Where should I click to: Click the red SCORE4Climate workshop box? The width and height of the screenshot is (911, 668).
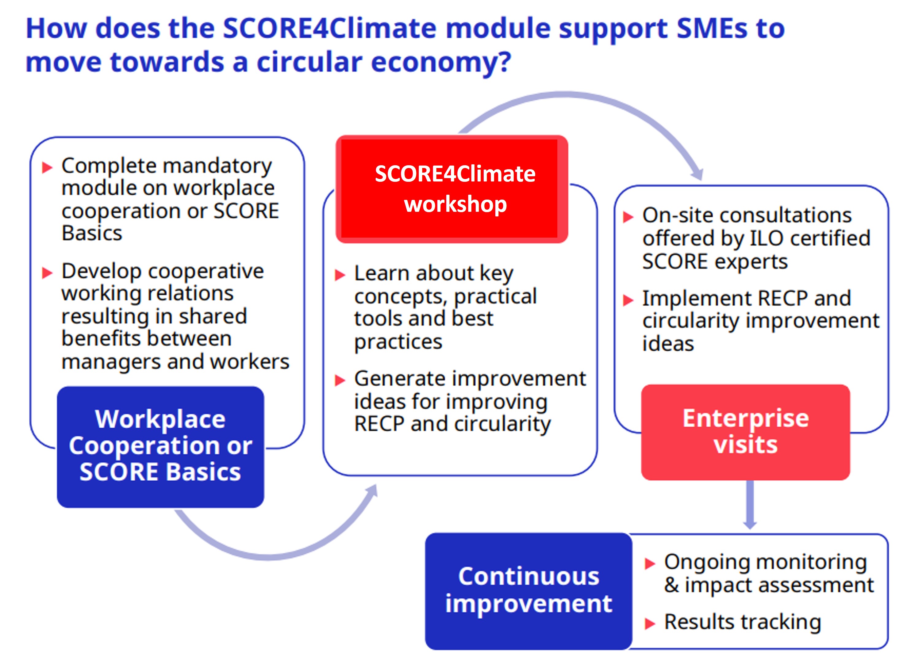pos(452,189)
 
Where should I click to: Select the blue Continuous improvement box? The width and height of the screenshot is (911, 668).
pos(528,591)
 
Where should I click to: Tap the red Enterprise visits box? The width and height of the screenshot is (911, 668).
pos(746,432)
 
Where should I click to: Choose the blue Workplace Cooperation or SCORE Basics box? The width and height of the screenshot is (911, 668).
pos(161,447)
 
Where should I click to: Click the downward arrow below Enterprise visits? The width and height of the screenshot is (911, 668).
pos(750,505)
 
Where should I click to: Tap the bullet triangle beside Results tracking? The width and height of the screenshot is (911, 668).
pos(650,623)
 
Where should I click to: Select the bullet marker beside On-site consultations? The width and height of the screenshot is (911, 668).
pos(628,217)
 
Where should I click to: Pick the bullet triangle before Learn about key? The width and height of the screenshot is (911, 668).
pos(340,275)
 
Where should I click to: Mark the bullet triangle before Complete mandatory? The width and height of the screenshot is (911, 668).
pos(47,167)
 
